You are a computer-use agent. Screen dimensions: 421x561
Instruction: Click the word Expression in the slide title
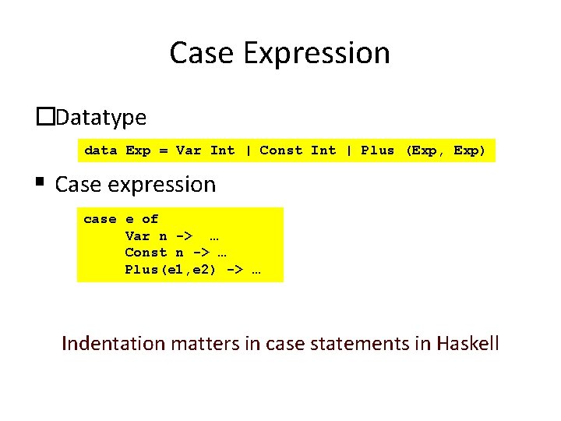[x=316, y=54]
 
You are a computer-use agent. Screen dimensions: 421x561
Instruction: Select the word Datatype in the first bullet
[x=101, y=118]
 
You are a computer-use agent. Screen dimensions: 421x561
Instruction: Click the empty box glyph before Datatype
[x=46, y=117]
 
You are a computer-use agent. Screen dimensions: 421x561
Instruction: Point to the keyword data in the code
[x=101, y=150]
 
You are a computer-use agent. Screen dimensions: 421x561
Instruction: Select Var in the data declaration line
[x=188, y=150]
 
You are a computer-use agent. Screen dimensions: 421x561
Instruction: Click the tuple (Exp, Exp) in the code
[x=445, y=150]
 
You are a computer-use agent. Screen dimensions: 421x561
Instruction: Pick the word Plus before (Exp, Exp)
[x=377, y=150]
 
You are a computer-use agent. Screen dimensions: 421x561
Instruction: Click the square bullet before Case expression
[x=39, y=182]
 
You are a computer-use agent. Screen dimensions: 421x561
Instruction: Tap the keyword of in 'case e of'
[x=150, y=219]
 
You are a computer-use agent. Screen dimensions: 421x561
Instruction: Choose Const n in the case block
[x=154, y=252]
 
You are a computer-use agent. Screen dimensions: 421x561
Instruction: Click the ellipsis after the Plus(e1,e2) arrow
[x=256, y=270]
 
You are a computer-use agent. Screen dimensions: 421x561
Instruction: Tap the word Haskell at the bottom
[x=467, y=343]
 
